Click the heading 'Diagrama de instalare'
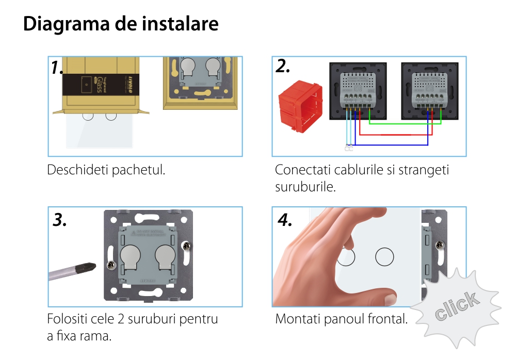[121, 24]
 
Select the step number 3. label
[60, 220]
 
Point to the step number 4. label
[285, 220]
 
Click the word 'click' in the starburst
[456, 306]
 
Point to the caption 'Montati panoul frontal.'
[341, 319]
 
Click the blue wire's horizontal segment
[392, 145]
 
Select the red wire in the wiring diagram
[395, 135]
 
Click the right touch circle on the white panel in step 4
[384, 256]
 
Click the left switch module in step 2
[357, 91]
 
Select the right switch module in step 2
[429, 91]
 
